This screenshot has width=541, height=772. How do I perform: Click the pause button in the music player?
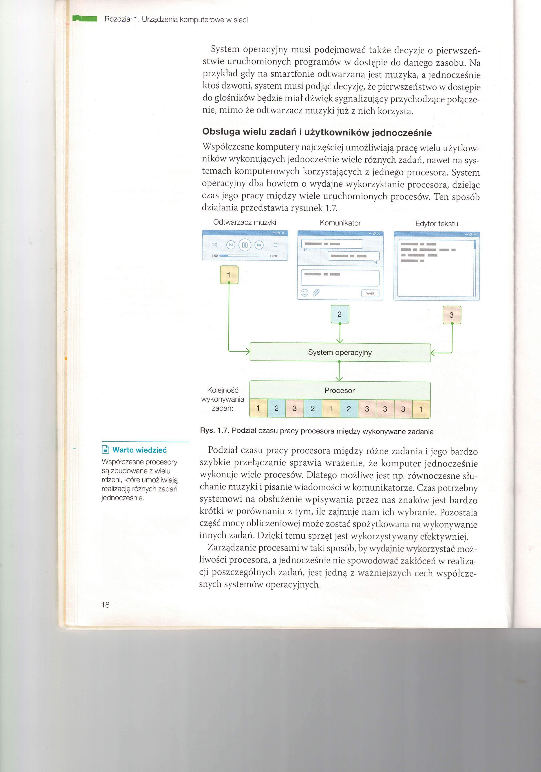[245, 245]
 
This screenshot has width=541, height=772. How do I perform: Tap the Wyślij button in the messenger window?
[370, 293]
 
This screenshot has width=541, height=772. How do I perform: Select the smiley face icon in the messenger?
[304, 292]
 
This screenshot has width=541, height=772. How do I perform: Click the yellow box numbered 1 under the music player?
[229, 275]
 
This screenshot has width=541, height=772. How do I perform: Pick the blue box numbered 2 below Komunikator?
[340, 314]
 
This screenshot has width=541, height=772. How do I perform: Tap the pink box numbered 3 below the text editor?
[452, 315]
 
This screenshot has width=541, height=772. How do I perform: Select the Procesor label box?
[340, 390]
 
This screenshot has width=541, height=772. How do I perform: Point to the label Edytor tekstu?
[436, 223]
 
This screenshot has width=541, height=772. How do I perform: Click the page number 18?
[105, 605]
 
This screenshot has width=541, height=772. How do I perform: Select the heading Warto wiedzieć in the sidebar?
[139, 450]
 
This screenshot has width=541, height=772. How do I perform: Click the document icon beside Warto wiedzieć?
[106, 449]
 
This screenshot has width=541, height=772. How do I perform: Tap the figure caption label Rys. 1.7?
[214, 431]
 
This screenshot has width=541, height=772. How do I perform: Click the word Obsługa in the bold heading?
[221, 132]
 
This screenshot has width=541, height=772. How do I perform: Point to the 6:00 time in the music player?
[275, 256]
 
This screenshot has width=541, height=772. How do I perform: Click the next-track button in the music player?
[259, 245]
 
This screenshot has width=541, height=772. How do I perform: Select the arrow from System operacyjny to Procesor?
[339, 371]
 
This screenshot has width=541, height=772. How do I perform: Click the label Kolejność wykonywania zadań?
[223, 399]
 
